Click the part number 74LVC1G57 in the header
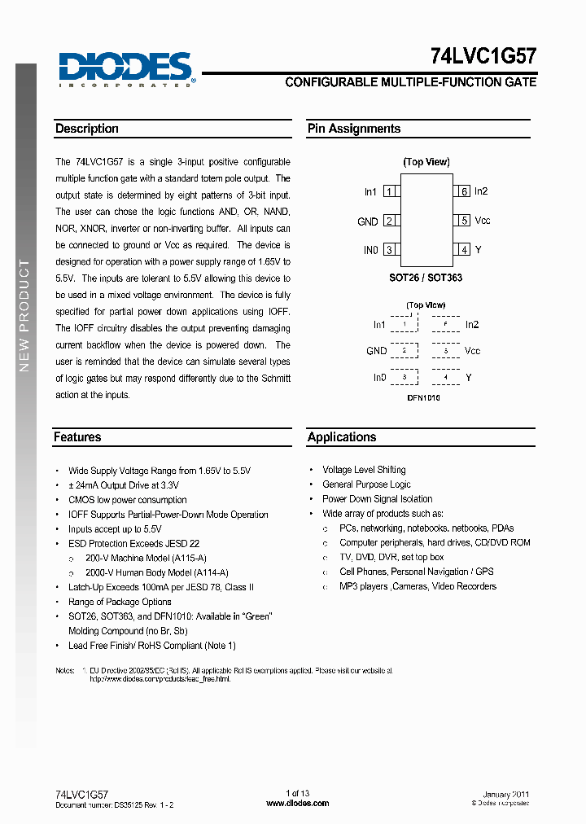(x=483, y=56)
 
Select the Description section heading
(x=87, y=129)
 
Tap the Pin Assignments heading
(x=354, y=129)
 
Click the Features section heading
(x=77, y=437)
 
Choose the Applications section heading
(x=342, y=437)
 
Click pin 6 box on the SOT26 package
(x=463, y=191)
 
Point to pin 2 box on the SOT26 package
(x=391, y=221)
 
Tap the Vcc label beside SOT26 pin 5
(x=483, y=221)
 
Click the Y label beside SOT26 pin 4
(x=478, y=250)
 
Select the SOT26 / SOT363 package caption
(x=426, y=278)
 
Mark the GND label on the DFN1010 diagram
(x=376, y=351)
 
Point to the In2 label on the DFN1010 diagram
(x=472, y=325)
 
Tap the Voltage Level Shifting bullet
(x=364, y=470)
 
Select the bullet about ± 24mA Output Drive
(x=124, y=485)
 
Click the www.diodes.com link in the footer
(x=298, y=803)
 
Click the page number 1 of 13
(x=298, y=794)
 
